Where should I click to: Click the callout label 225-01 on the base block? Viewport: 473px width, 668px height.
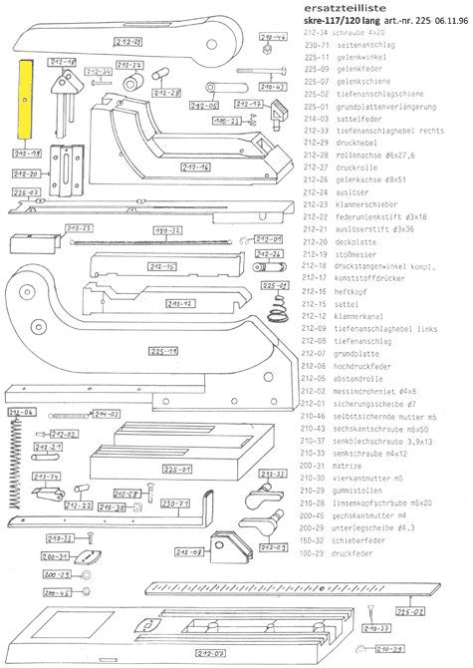click(176, 467)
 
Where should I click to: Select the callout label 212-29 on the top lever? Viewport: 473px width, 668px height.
click(126, 42)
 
